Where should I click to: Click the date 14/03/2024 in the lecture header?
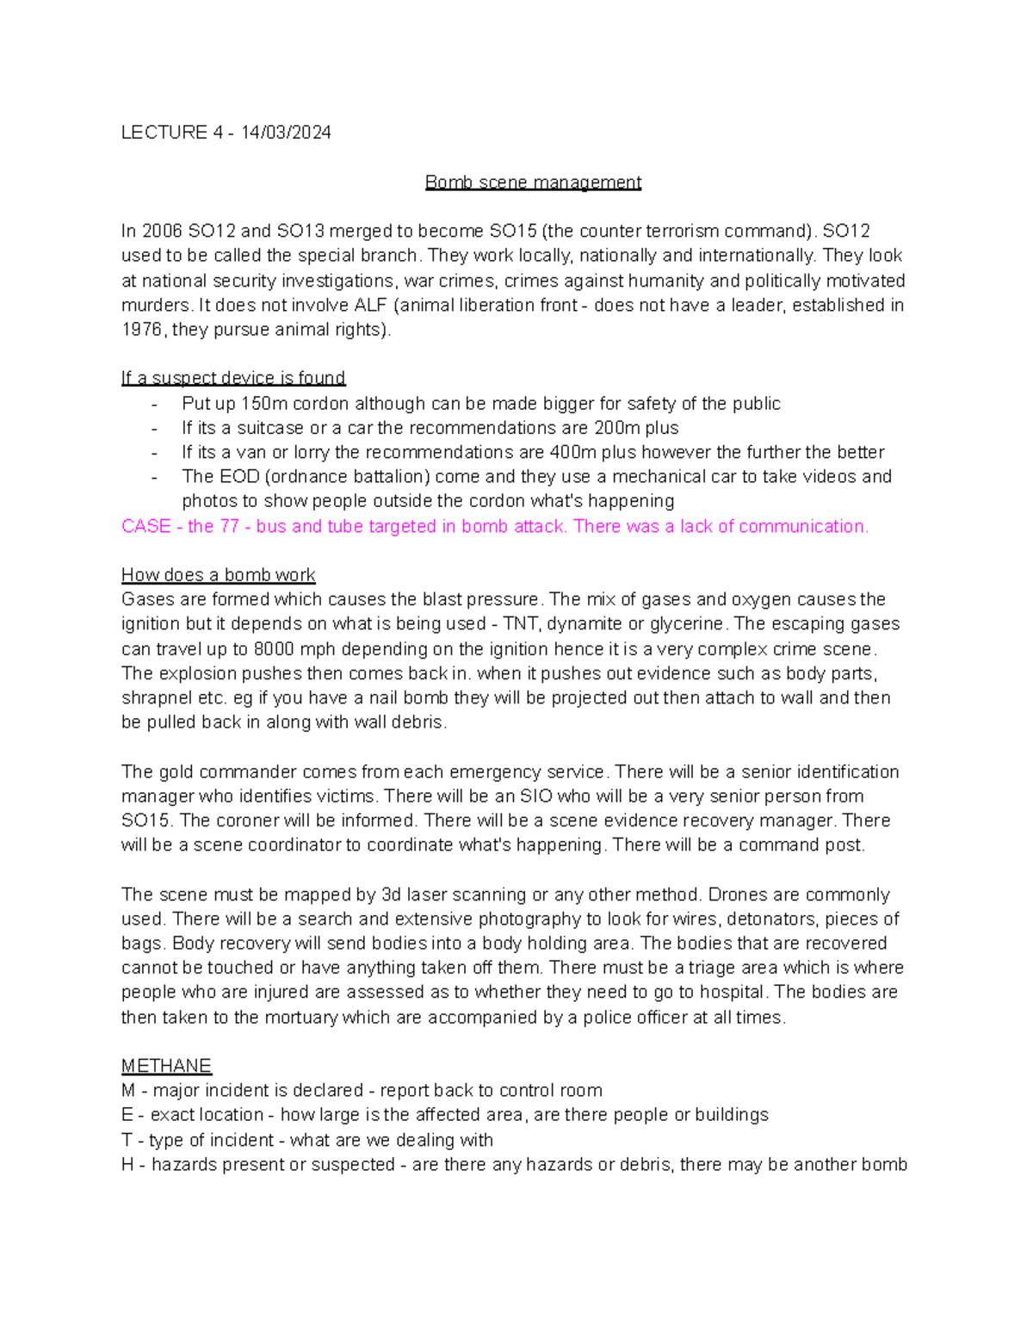click(x=286, y=133)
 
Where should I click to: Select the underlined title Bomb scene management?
click(x=533, y=183)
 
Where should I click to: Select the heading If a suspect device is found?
click(x=233, y=378)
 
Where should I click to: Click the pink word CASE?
click(x=145, y=526)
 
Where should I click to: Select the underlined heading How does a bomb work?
click(x=218, y=575)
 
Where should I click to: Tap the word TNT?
click(x=520, y=624)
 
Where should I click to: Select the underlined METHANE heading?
click(x=166, y=1066)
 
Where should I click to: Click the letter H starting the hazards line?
click(x=127, y=1165)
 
